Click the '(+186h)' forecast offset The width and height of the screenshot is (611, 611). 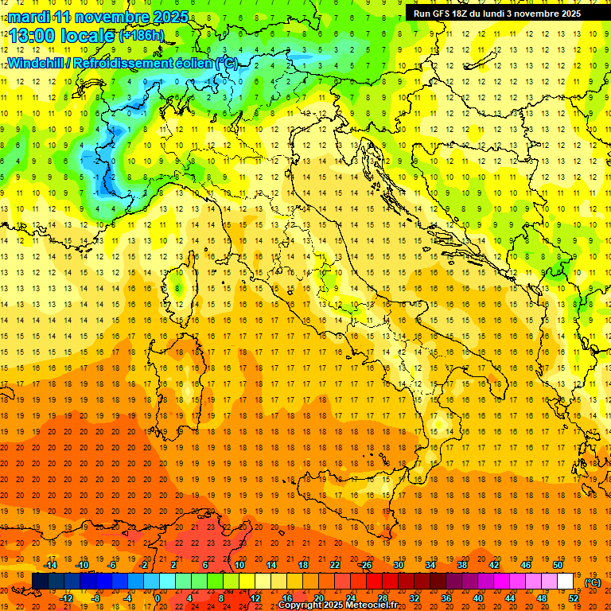(x=142, y=36)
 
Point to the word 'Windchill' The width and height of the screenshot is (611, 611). (x=36, y=63)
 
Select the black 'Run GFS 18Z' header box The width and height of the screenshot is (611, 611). (x=497, y=14)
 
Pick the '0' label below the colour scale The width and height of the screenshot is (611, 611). (x=158, y=598)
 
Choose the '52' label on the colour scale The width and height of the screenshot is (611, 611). (x=573, y=598)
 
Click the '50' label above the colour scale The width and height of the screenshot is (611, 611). (x=558, y=565)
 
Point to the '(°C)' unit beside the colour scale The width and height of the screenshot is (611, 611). (x=593, y=582)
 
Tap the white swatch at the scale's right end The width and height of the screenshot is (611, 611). (x=565, y=582)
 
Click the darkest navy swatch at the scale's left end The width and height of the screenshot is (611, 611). (x=40, y=582)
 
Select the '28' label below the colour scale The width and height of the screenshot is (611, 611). (x=382, y=598)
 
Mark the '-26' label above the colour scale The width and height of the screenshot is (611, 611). (x=365, y=565)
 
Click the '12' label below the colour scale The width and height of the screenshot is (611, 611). (x=255, y=598)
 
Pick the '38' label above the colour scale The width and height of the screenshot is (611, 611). (x=461, y=565)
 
